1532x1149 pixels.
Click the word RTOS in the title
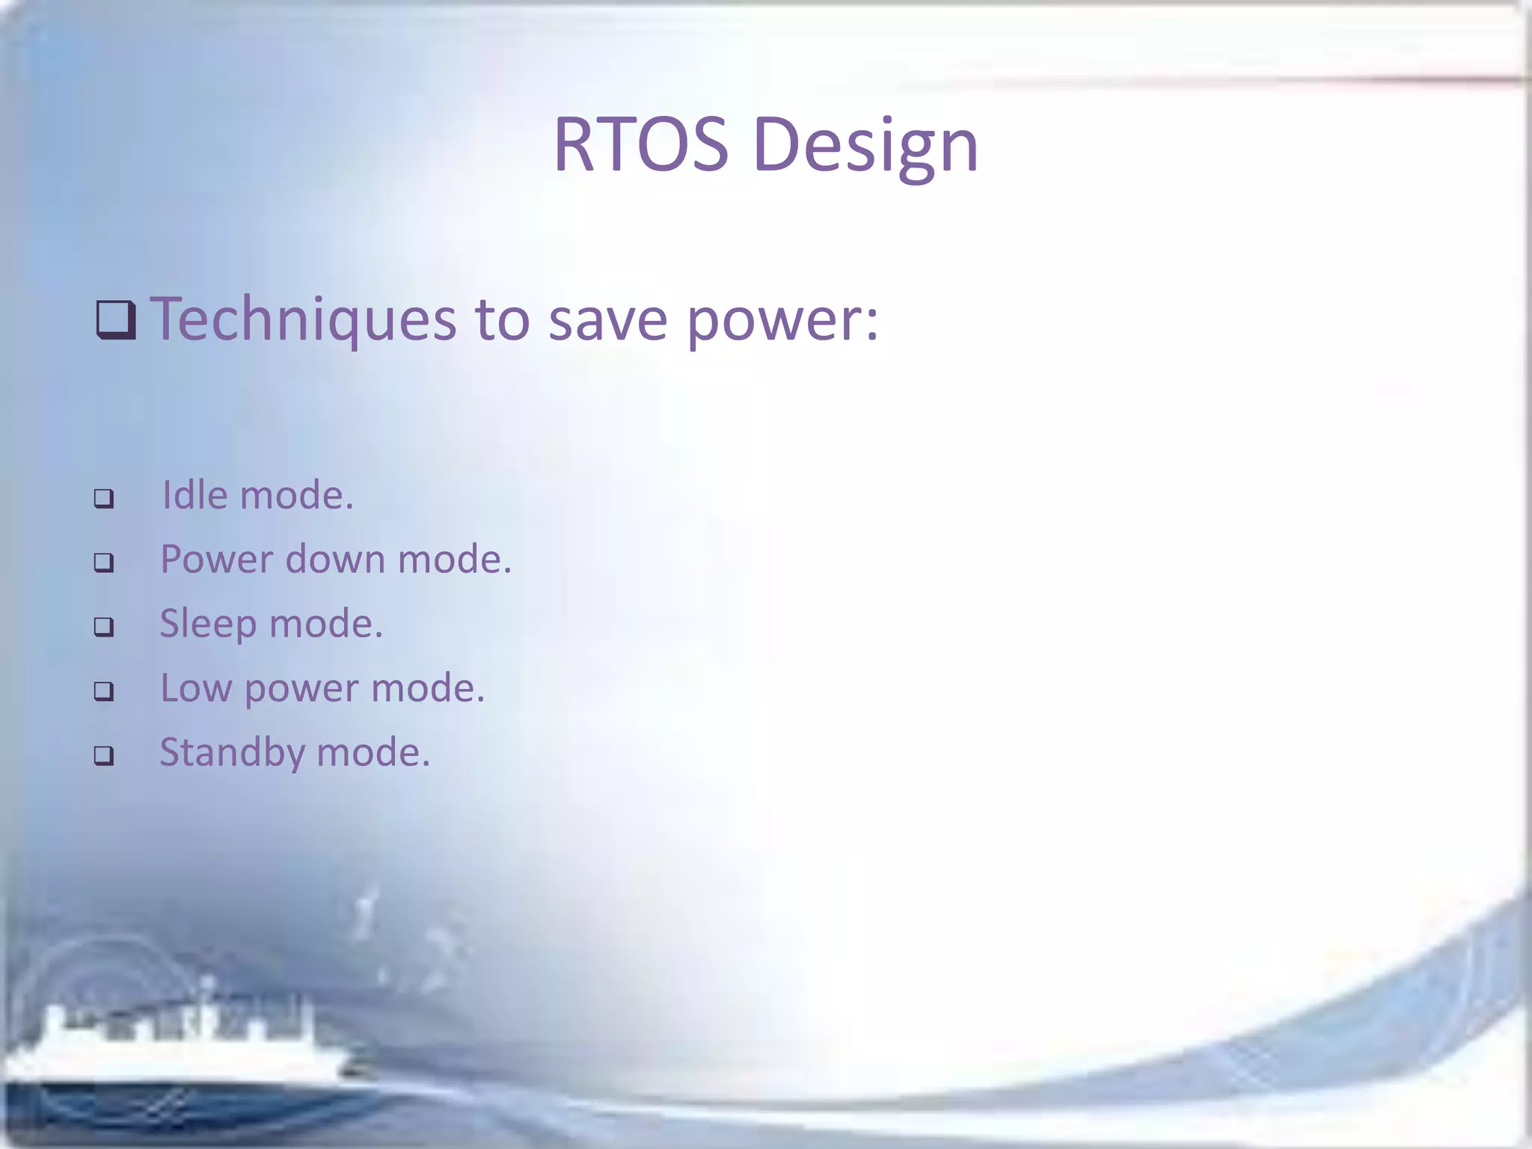pos(640,145)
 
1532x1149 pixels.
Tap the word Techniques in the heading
pos(304,320)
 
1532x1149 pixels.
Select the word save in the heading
pos(607,320)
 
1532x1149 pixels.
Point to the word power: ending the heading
pos(782,320)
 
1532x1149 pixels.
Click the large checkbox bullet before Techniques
pos(116,320)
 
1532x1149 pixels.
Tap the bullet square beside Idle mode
pos(104,498)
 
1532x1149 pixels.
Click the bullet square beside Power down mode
pos(104,563)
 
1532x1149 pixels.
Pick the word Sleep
pos(208,624)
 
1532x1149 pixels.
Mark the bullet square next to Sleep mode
pos(104,627)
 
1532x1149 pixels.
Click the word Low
pos(196,688)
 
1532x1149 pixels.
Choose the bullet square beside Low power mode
pos(104,691)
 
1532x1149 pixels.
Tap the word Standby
pos(232,753)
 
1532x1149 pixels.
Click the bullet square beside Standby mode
pos(104,756)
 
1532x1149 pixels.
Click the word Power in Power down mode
pos(217,560)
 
